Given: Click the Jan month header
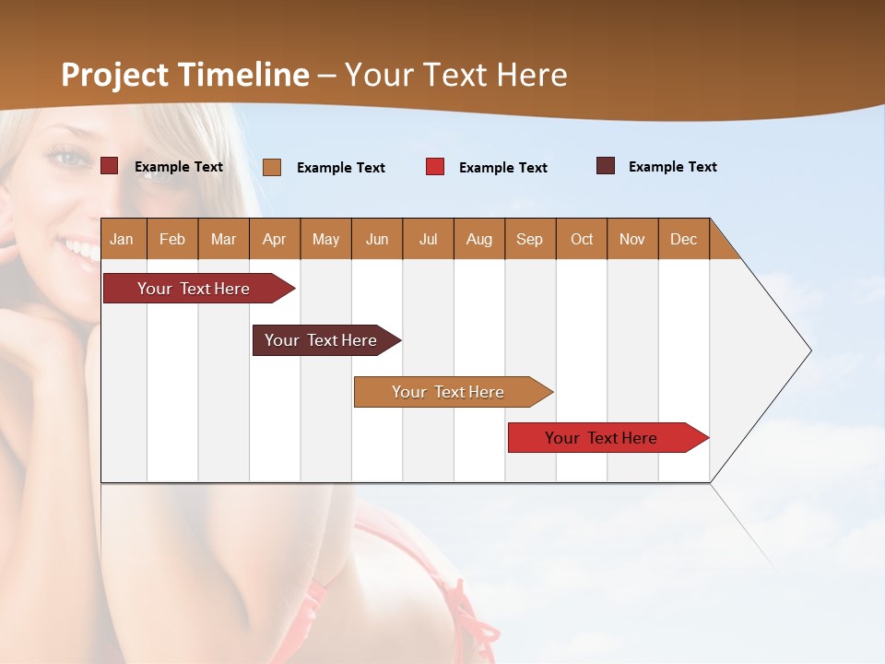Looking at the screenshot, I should pyautogui.click(x=122, y=239).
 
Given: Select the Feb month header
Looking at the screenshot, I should pyautogui.click(x=172, y=239).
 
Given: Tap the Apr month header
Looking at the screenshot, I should pyautogui.click(x=274, y=239).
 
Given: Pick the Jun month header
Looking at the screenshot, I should pyautogui.click(x=377, y=239).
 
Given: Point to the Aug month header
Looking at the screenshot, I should pyautogui.click(x=478, y=239).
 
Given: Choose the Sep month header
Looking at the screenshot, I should pyautogui.click(x=529, y=239).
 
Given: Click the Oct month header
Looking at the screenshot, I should pyautogui.click(x=582, y=239).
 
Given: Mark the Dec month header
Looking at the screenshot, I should pyautogui.click(x=683, y=239).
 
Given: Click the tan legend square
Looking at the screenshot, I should pyautogui.click(x=272, y=167).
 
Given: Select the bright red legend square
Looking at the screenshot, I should pyautogui.click(x=435, y=167).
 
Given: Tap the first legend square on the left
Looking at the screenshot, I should pyautogui.click(x=110, y=166).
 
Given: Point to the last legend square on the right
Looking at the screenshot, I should pyautogui.click(x=606, y=166).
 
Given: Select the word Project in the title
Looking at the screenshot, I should pyautogui.click(x=115, y=75).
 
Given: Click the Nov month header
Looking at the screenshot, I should pyautogui.click(x=631, y=239).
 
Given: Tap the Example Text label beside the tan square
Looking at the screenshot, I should pyautogui.click(x=340, y=168).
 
